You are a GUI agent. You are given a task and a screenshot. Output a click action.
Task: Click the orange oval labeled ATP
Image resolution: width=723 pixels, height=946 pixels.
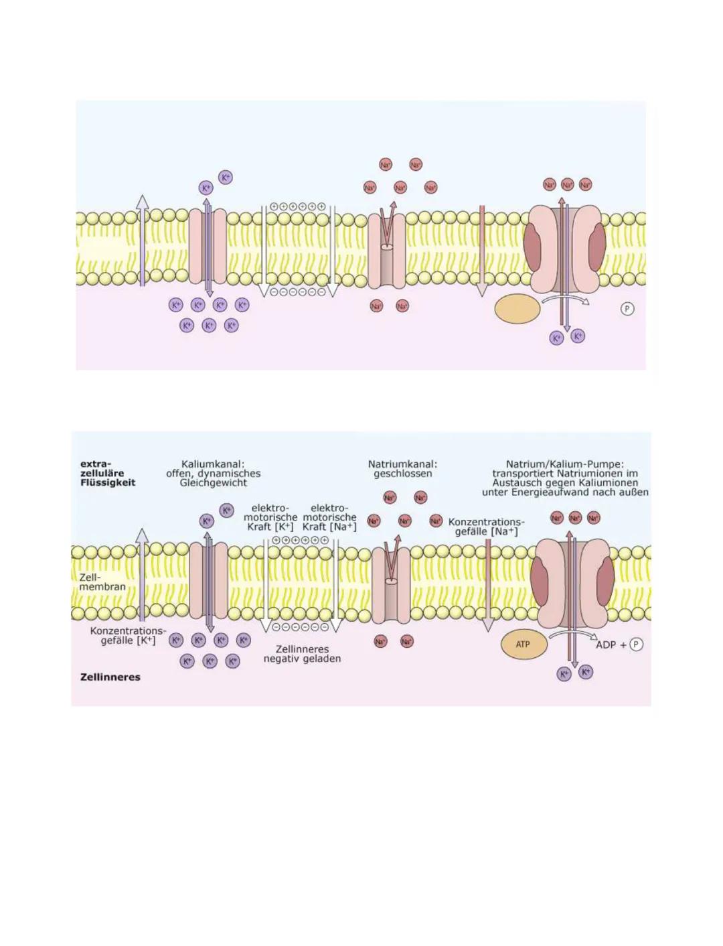524,645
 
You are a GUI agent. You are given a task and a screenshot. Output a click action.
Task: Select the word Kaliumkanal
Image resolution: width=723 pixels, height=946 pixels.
212,464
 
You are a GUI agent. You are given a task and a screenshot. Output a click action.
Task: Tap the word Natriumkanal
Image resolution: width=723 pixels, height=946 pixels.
401,464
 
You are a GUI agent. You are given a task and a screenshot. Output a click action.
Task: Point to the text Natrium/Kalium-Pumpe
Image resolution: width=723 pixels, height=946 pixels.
564,464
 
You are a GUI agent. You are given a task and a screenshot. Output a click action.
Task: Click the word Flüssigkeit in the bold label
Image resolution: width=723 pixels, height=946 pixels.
108,482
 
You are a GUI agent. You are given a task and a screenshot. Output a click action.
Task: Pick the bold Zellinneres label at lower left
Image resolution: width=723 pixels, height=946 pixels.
110,677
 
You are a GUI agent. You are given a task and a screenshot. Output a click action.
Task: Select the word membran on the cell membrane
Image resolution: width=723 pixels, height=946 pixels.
102,587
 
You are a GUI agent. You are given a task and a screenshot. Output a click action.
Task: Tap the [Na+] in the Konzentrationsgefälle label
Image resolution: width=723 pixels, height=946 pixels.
505,531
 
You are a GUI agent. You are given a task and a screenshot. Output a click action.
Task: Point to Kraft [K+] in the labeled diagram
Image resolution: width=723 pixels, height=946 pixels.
270,527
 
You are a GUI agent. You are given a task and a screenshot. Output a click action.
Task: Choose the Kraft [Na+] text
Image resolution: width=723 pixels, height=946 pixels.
329,527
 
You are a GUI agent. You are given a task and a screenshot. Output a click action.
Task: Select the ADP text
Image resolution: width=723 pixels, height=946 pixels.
605,645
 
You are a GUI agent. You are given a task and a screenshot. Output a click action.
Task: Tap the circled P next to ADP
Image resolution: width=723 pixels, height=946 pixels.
636,645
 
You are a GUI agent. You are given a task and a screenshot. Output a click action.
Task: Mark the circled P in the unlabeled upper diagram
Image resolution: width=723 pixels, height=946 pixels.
627,309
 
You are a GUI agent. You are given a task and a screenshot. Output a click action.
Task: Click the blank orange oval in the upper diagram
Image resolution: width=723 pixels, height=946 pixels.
517,309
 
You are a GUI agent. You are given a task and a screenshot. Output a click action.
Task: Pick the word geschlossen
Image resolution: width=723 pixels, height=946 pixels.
403,473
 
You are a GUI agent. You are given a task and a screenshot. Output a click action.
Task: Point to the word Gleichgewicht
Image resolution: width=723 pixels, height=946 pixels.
214,482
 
